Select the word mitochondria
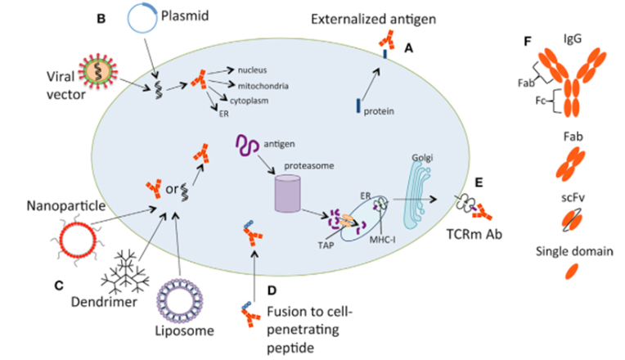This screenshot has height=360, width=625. coord(267,84)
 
